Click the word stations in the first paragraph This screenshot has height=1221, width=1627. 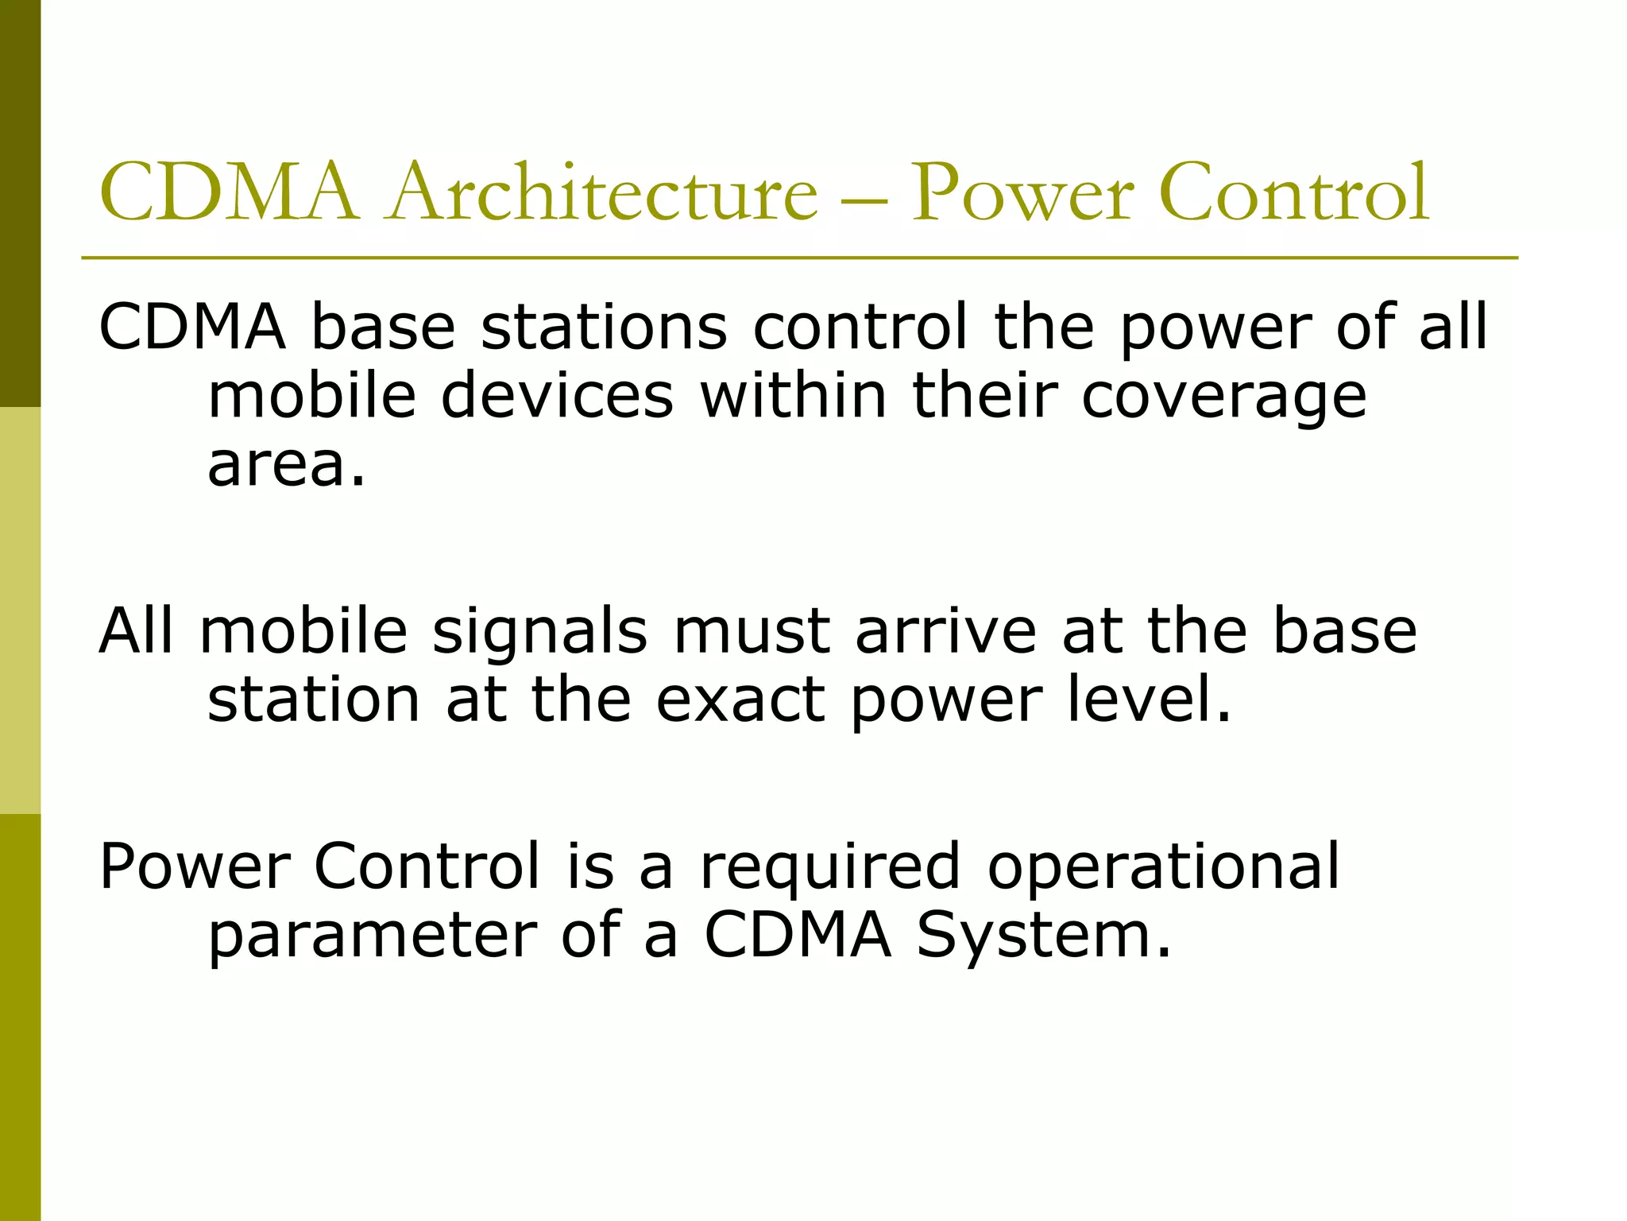coord(604,327)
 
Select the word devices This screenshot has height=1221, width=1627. coord(557,395)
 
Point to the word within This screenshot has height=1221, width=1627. coord(793,395)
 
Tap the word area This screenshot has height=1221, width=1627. coord(286,465)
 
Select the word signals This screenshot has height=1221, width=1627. coord(540,632)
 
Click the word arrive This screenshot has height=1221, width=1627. coord(945,632)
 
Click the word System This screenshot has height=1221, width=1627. coord(1043,936)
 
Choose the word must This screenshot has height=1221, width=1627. coord(751,632)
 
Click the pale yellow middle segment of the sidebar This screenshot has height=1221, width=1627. coord(20,610)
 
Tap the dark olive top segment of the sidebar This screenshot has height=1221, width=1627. coord(20,203)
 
